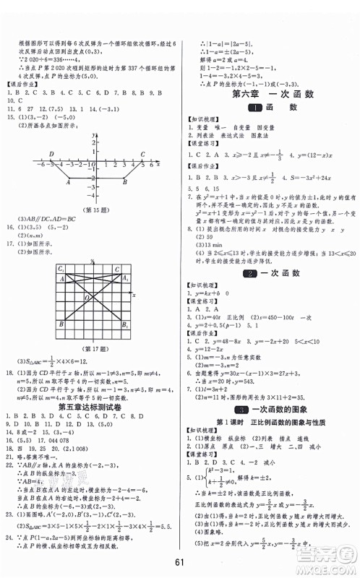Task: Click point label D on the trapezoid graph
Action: coord(51,155)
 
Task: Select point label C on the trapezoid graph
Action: coord(142,155)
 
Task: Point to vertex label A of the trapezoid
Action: coord(67,183)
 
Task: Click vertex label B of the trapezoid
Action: coord(125,183)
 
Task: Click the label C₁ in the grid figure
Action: coord(61,269)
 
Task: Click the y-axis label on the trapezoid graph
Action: coord(95,135)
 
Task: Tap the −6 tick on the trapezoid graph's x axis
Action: coord(42,165)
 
